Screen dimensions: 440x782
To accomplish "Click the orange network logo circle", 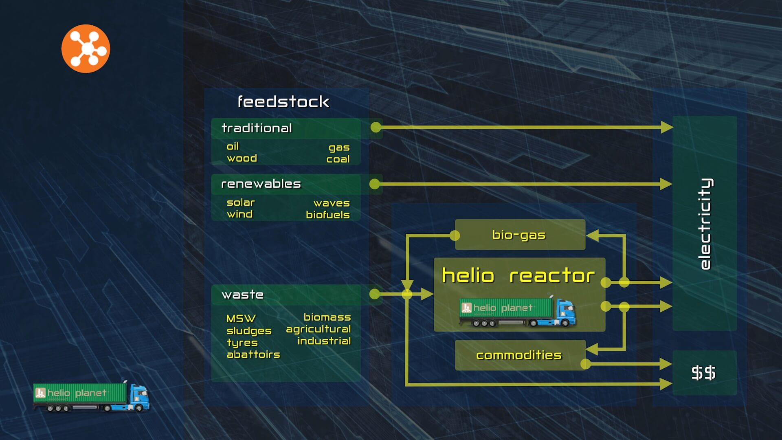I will click(x=86, y=49).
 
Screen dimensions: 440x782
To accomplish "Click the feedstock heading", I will click(x=283, y=102).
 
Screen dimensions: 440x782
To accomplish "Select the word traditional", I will click(x=257, y=128).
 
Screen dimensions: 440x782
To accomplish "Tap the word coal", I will click(x=338, y=159).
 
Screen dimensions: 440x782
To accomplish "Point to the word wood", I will click(x=242, y=158).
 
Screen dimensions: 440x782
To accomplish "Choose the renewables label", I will click(x=261, y=184).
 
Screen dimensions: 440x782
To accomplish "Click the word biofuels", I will click(x=328, y=215).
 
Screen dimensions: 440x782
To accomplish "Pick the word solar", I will click(x=241, y=202).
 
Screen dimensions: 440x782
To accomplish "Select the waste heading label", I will click(x=242, y=295).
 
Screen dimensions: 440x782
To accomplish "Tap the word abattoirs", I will click(x=253, y=354).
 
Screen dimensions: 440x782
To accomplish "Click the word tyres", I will click(x=242, y=343).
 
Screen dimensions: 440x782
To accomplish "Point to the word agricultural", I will click(x=318, y=329).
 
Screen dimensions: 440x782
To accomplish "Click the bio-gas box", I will click(x=520, y=235).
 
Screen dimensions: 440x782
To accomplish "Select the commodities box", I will click(x=520, y=355).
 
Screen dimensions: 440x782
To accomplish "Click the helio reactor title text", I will click(x=518, y=276).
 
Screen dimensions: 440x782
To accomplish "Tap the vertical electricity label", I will click(x=705, y=224).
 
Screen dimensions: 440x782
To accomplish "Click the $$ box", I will click(x=704, y=373).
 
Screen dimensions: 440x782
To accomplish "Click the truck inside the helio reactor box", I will click(x=517, y=312).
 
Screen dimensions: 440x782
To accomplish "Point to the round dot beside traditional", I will click(x=376, y=128).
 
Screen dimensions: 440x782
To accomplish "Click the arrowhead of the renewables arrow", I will click(x=666, y=184).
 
